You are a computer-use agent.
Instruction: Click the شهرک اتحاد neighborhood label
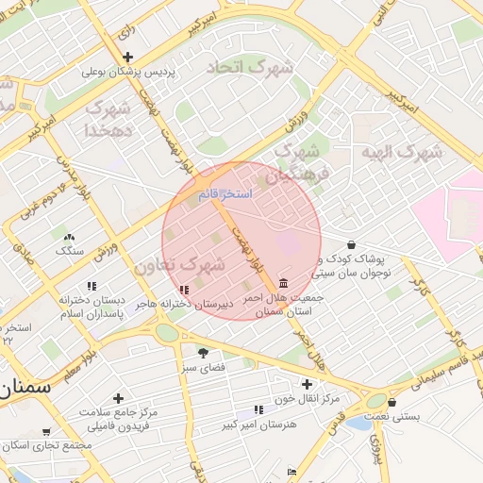click(x=239, y=68)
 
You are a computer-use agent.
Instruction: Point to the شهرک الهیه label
click(x=402, y=152)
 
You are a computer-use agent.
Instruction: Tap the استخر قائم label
click(x=224, y=193)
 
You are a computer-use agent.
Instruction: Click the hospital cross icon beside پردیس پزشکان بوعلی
click(x=127, y=57)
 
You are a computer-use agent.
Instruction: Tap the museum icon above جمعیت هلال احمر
click(x=283, y=283)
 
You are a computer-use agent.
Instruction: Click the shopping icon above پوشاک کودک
click(x=351, y=244)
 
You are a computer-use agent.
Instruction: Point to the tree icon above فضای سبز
click(x=203, y=352)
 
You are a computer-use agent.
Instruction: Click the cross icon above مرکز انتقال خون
click(x=306, y=384)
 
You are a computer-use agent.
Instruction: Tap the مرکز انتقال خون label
click(x=316, y=398)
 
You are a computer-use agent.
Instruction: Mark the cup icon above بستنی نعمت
click(x=391, y=403)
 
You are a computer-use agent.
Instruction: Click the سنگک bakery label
click(x=69, y=251)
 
